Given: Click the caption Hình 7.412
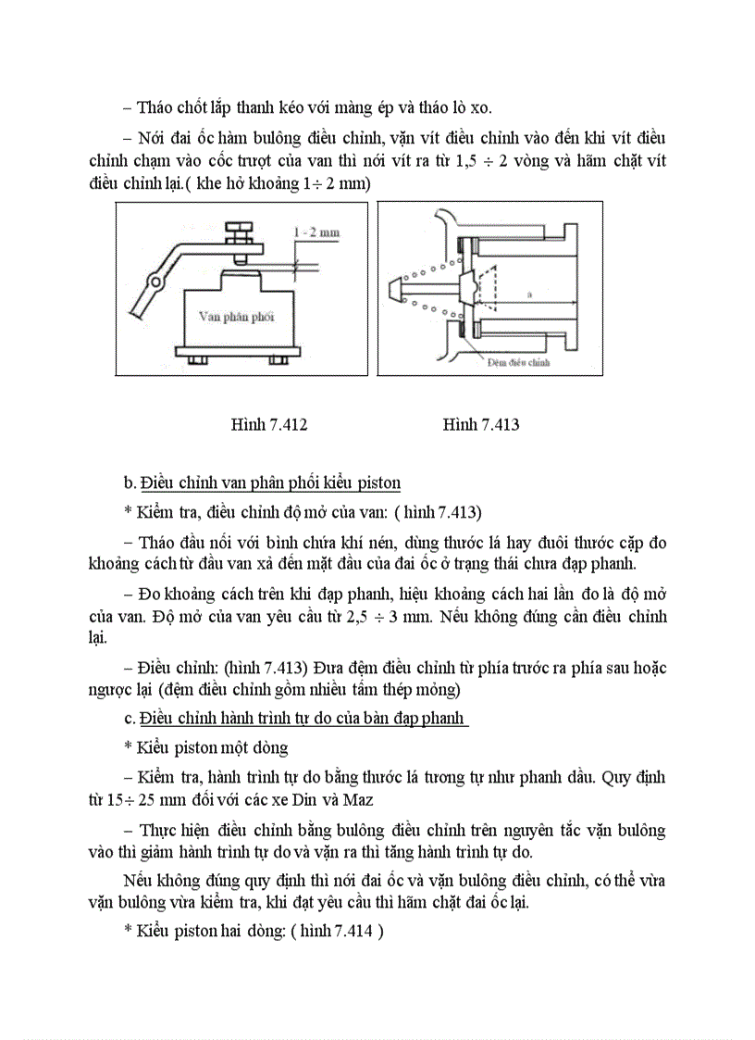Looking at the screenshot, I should [x=268, y=425].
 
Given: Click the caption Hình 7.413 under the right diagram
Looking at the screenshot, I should [x=480, y=425].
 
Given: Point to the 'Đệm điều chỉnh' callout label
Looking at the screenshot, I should [x=518, y=362].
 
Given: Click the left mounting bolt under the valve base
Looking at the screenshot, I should [x=195, y=358].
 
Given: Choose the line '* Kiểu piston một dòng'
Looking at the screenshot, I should [x=205, y=746].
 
